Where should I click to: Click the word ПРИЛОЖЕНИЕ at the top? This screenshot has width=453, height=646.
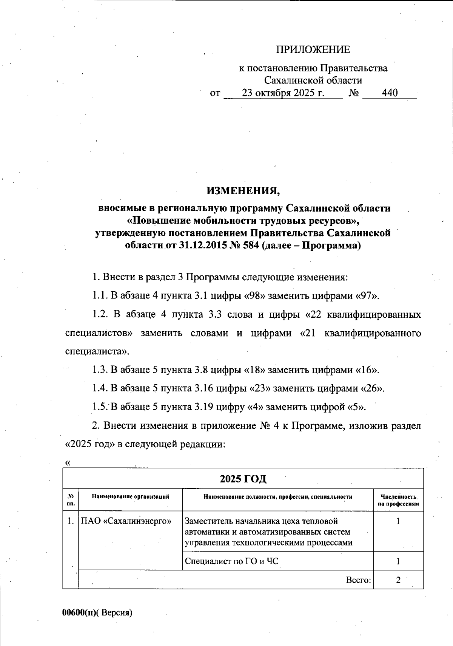click(313, 49)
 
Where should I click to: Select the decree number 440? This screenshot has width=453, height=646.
click(390, 93)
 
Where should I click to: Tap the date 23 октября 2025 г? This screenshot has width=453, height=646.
click(283, 93)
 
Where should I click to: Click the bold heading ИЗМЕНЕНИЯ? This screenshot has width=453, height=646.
click(243, 191)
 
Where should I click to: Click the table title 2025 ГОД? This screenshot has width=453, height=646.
click(243, 479)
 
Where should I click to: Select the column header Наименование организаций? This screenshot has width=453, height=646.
click(130, 497)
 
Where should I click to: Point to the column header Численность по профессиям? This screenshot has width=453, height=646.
click(399, 500)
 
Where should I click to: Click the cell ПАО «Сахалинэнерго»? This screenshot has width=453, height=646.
click(126, 521)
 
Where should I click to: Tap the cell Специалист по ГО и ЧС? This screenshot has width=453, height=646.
click(231, 561)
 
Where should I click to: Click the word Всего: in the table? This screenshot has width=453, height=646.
click(358, 580)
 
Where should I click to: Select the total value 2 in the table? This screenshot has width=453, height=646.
click(398, 580)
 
